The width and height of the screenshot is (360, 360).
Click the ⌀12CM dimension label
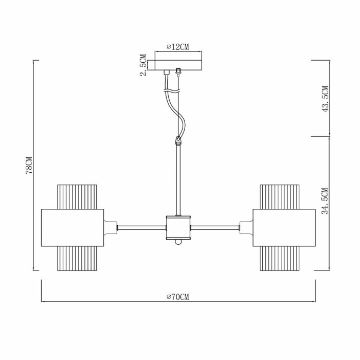point(178,47)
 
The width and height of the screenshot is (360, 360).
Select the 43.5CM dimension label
point(325,99)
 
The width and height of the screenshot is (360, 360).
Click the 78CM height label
point(29,165)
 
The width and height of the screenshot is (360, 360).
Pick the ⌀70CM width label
point(178,297)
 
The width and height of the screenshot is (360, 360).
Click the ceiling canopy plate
point(178,65)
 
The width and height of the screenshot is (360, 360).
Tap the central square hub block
point(178,226)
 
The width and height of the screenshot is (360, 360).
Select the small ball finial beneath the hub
point(178,241)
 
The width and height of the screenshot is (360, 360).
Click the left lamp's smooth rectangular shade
point(72,227)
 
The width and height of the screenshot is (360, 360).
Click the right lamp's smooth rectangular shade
point(283,227)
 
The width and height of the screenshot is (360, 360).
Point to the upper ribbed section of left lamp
point(77,196)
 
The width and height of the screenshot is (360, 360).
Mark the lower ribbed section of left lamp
point(77,258)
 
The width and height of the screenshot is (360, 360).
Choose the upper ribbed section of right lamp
point(280,196)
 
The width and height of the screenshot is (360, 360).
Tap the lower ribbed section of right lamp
point(280,258)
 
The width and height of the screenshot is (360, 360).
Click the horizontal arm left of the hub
point(142,227)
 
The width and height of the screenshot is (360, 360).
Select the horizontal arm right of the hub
point(215,227)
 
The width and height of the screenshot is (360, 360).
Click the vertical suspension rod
point(178,180)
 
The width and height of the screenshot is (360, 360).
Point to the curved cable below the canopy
point(175,111)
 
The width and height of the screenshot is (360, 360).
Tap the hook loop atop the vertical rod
point(178,139)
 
